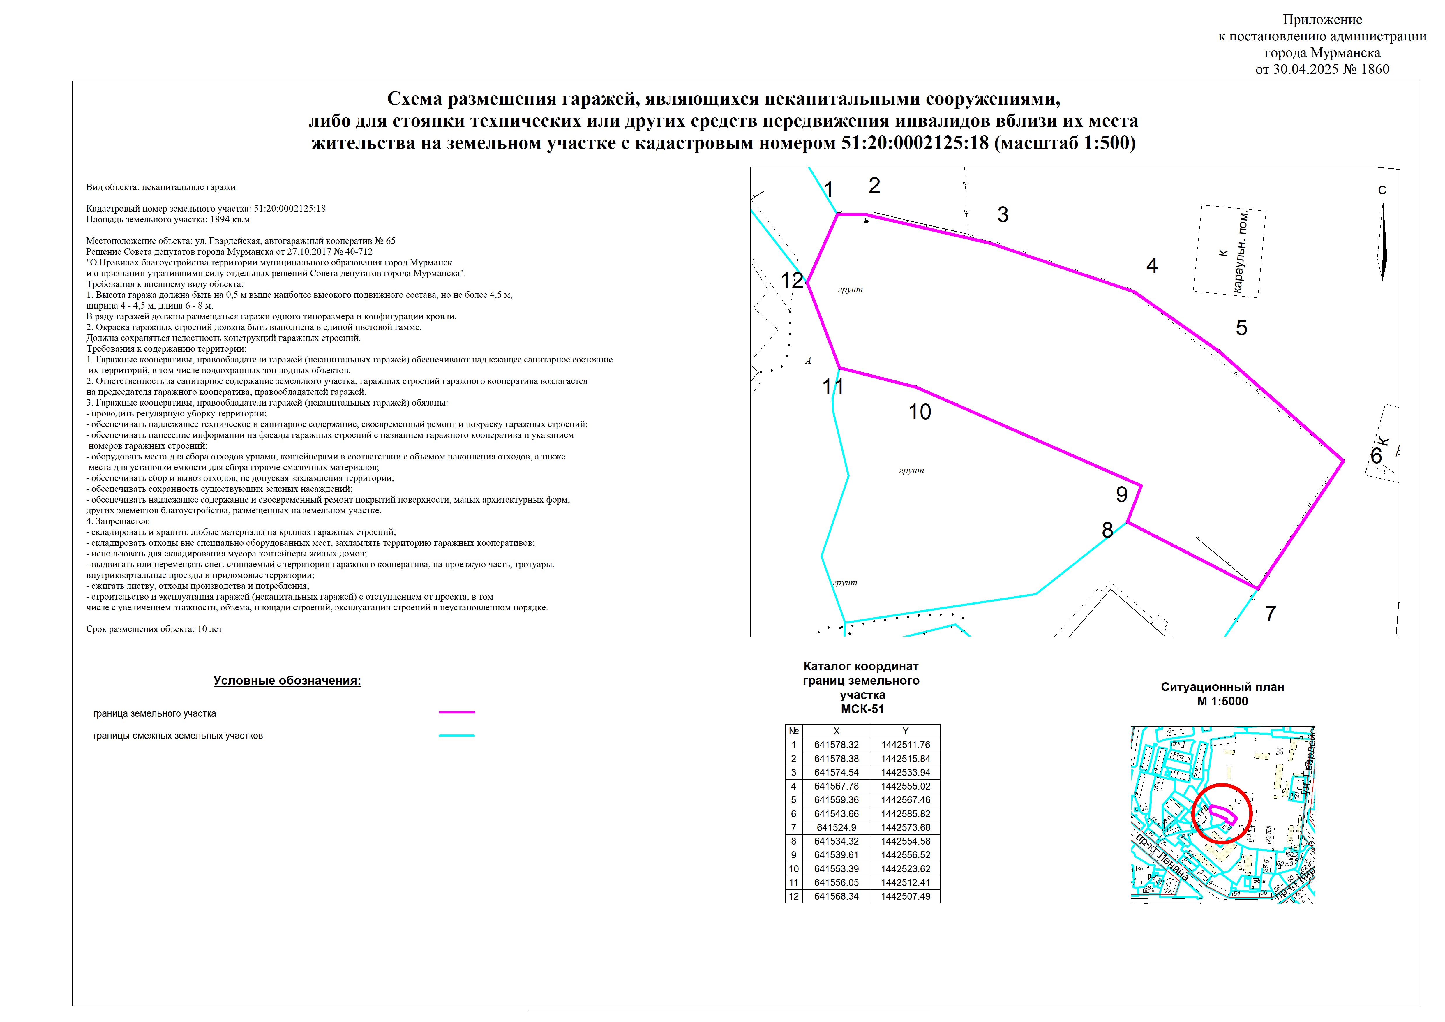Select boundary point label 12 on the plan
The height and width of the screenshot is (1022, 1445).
pos(792,281)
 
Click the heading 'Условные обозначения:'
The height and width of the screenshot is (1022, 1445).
pos(287,681)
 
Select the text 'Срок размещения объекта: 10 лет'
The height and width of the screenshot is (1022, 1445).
pos(154,629)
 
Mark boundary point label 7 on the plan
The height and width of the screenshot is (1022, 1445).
pos(1270,614)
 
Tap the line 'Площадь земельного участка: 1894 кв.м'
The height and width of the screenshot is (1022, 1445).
pos(168,220)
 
